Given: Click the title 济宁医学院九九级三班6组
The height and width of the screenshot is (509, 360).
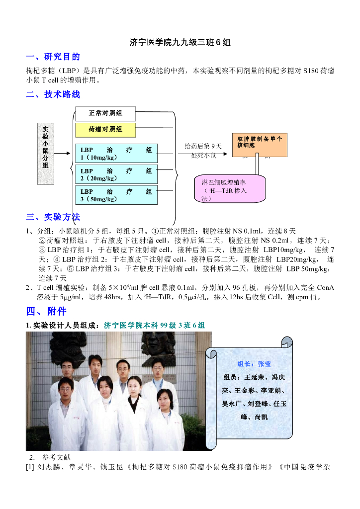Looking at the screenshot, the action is tap(180, 43).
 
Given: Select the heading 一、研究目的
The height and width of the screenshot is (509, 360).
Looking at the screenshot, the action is tap(53, 57).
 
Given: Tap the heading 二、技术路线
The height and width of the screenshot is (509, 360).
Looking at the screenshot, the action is tap(53, 94).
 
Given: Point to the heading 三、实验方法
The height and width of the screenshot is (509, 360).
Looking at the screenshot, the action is tap(53, 217).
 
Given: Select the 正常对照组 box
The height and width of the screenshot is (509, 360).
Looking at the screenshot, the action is tap(105, 113).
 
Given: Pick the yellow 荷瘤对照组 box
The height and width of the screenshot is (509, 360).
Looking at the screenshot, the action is tap(105, 130).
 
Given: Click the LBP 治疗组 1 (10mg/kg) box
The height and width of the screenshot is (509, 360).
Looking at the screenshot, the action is tap(116, 154).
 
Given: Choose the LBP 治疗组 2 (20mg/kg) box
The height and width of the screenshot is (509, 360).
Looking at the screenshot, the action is tap(116, 174).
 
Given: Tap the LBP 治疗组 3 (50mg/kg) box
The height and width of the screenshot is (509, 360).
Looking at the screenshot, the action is tap(116, 195).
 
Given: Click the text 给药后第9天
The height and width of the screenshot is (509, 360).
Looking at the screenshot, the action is tap(203, 146).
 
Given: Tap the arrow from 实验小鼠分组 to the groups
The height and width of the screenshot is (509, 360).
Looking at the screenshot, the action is tap(63, 154).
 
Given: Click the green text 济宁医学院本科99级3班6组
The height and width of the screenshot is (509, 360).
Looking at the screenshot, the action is tap(154, 326).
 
